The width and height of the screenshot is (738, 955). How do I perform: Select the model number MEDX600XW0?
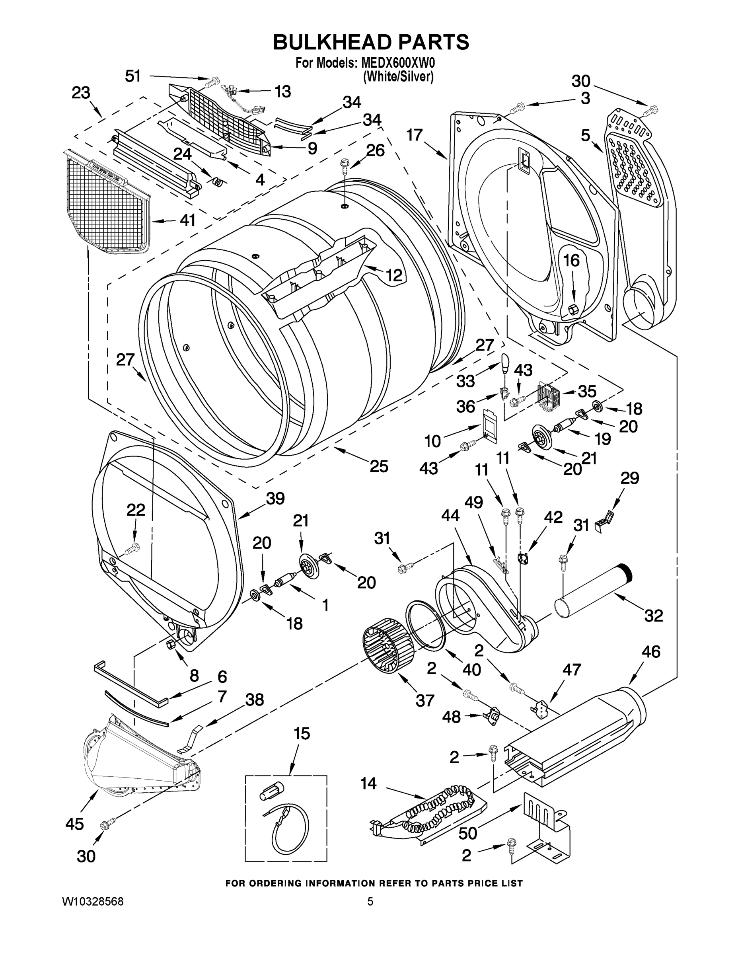point(397,63)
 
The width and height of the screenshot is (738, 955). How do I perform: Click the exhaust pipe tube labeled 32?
point(592,589)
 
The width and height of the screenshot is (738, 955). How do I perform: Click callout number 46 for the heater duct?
point(650,653)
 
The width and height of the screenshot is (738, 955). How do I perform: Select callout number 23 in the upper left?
point(81,93)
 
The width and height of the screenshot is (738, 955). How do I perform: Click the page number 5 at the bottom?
point(370,902)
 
